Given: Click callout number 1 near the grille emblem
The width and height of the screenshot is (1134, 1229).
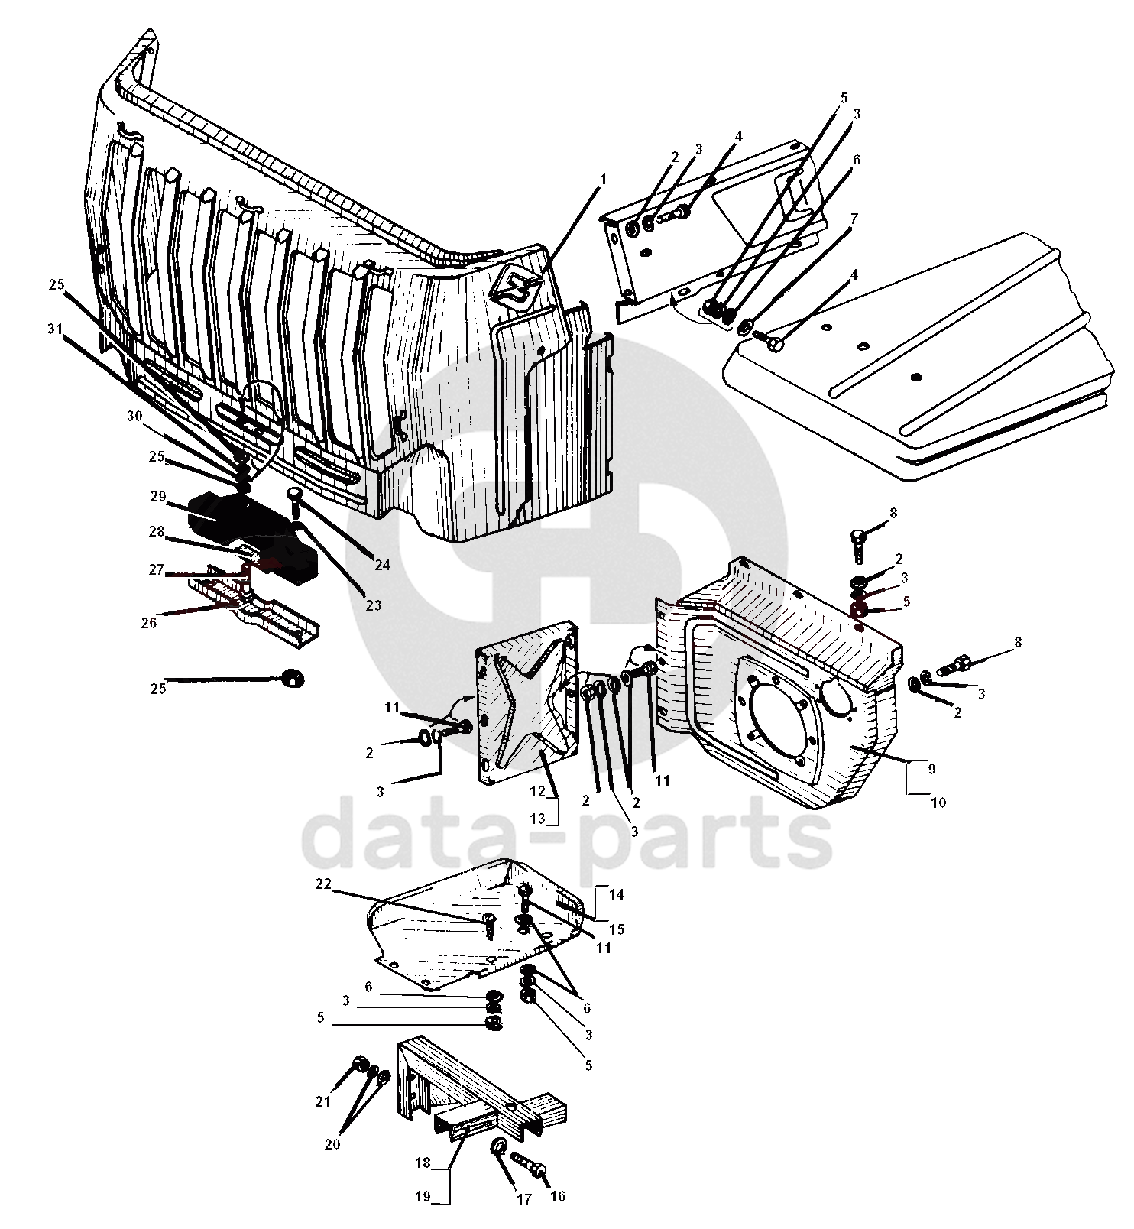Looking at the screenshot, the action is tap(602, 179).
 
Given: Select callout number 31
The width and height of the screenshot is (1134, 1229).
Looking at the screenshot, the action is tap(53, 329).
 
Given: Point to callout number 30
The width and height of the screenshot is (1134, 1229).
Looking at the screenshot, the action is tap(134, 417).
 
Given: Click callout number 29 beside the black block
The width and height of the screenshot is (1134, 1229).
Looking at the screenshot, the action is tap(157, 497).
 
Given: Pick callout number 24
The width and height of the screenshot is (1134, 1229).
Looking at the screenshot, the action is tap(382, 565).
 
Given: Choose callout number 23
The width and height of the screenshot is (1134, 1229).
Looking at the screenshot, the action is tap(373, 605).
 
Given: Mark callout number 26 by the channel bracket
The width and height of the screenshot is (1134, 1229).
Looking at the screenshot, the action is tap(149, 623).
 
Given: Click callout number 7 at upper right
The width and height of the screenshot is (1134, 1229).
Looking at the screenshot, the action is tap(854, 219).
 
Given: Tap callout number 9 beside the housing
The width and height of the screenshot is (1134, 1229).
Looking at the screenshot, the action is tap(931, 770).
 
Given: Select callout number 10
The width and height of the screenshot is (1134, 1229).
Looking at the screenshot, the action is tap(938, 803).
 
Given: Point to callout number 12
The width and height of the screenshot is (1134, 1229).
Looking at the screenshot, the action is tap(537, 790).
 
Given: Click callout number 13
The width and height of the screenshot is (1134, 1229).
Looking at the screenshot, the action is tap(537, 819).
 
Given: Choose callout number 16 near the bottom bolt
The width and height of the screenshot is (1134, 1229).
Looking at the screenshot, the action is tap(558, 1196).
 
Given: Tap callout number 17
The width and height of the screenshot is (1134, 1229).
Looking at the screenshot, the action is tap(523, 1199).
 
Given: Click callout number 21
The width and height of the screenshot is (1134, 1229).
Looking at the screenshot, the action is tap(323, 1101).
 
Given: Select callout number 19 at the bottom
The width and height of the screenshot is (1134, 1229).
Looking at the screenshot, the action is tap(423, 1196).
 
